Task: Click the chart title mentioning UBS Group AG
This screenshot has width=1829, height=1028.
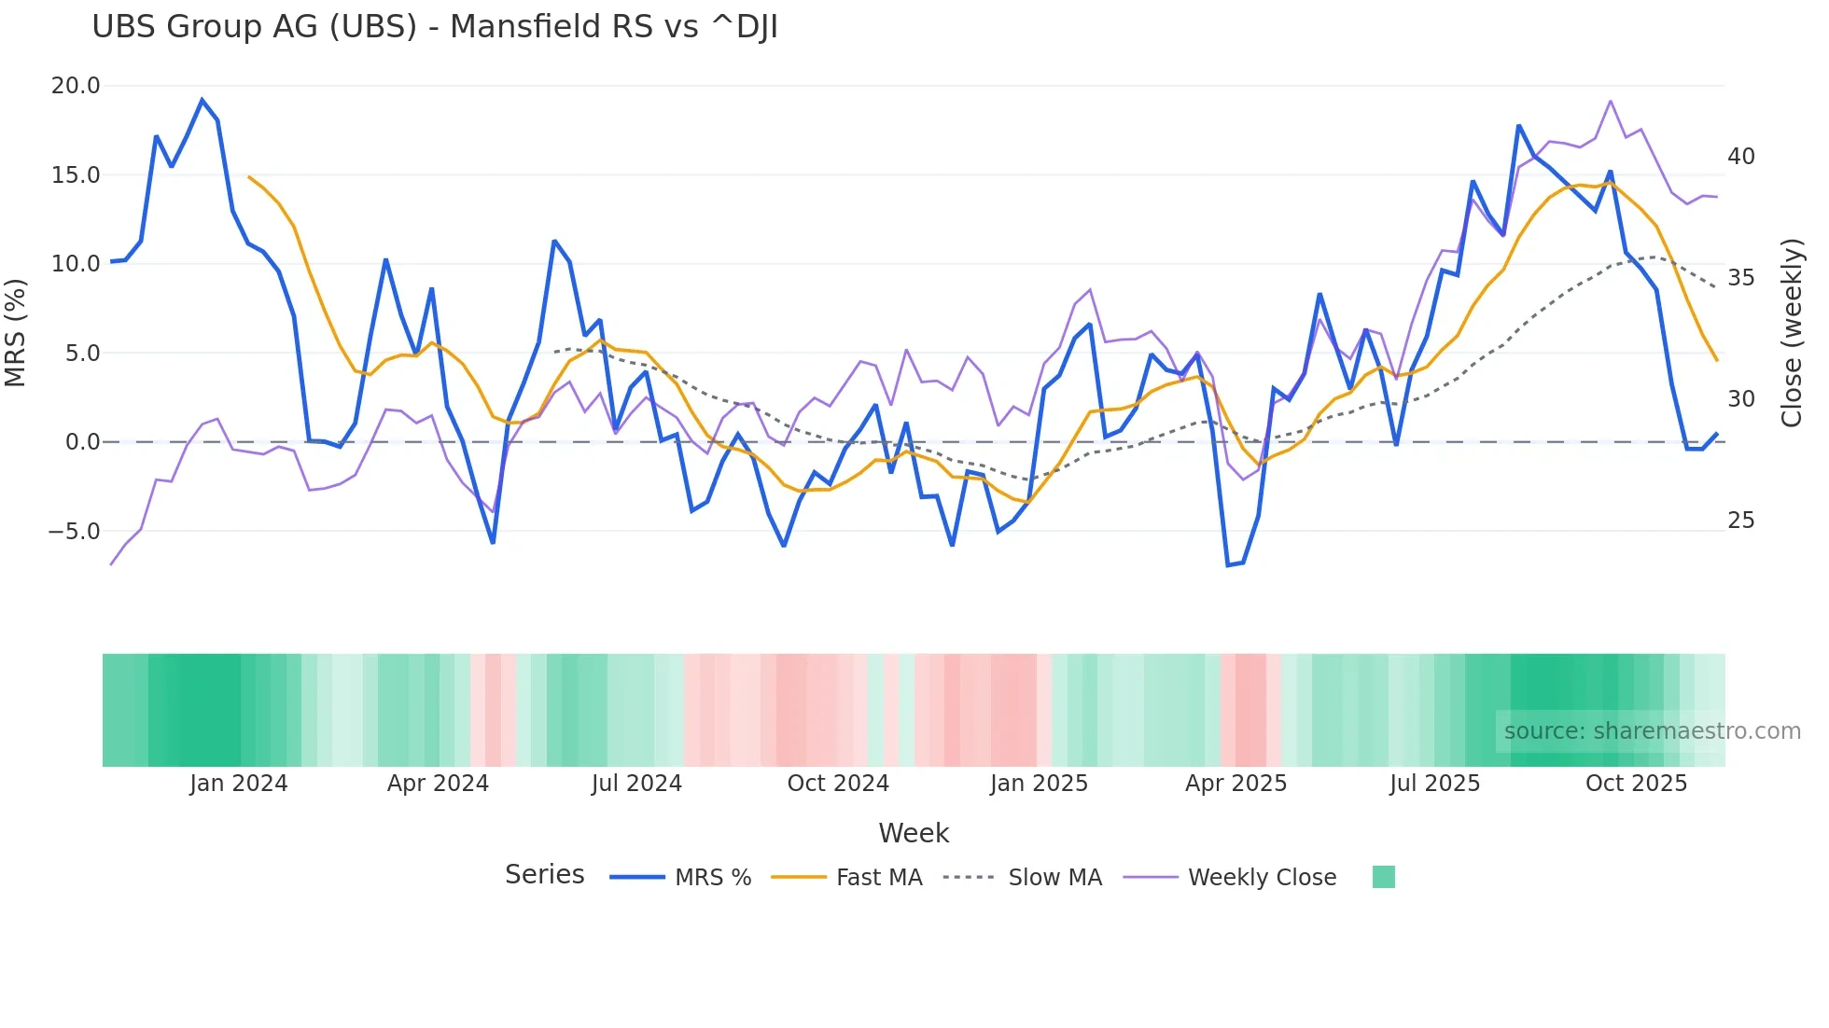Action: coord(434,27)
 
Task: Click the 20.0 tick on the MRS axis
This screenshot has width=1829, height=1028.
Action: coord(76,86)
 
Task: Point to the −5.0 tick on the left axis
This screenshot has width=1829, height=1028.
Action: coord(74,532)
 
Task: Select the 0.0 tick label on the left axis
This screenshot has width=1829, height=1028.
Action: coord(82,442)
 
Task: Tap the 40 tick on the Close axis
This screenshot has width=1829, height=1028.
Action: coord(1740,157)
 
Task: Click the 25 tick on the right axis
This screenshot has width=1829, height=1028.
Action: coord(1740,521)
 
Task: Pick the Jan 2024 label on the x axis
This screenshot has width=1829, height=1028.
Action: coord(238,784)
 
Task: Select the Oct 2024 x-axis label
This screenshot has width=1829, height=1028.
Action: coord(838,784)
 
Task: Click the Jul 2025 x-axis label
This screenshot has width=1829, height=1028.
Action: coord(1434,784)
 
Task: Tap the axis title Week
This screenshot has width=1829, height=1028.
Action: coord(914,833)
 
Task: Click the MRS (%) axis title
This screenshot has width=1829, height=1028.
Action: coord(15,333)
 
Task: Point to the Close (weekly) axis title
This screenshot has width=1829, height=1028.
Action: coord(1791,333)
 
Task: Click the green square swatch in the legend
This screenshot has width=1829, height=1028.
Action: coord(1383,877)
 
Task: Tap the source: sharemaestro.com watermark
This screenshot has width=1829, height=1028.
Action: coord(1652,731)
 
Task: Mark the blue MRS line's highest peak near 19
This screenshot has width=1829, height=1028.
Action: coord(202,100)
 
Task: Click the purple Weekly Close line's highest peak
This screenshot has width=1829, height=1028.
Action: coord(1611,101)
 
